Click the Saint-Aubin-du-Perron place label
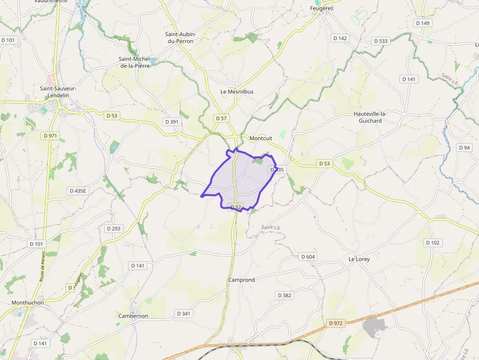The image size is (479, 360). pyautogui.click(x=180, y=38)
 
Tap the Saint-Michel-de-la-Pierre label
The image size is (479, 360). pyautogui.click(x=134, y=62)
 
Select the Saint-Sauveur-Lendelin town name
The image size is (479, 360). pyautogui.click(x=58, y=92)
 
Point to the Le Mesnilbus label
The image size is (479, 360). pyautogui.click(x=237, y=91)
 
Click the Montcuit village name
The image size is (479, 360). pyautogui.click(x=261, y=138)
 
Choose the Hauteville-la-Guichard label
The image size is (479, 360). pyautogui.click(x=370, y=117)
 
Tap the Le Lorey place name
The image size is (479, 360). pyautogui.click(x=359, y=259)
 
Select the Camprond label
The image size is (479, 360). pyautogui.click(x=241, y=280)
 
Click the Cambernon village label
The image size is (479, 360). pyautogui.click(x=133, y=316)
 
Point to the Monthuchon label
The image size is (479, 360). pyautogui.click(x=28, y=302)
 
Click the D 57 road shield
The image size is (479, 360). pyautogui.click(x=221, y=118)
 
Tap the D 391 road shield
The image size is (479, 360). pyautogui.click(x=172, y=122)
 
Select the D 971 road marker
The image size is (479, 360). pyautogui.click(x=50, y=136)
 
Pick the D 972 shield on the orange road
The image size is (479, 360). pyautogui.click(x=336, y=323)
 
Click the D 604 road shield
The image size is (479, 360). pyautogui.click(x=308, y=256)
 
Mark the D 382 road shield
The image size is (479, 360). pyautogui.click(x=284, y=295)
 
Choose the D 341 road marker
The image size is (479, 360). pyautogui.click(x=183, y=313)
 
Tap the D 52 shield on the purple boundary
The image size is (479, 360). pyautogui.click(x=236, y=207)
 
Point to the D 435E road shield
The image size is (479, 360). pyautogui.click(x=78, y=191)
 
